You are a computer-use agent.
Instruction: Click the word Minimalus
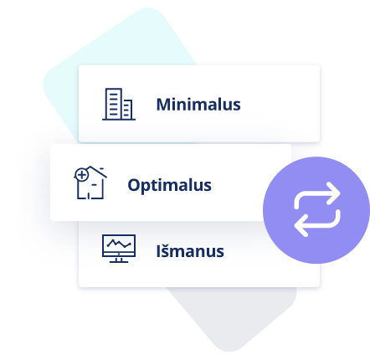pyautogui.click(x=198, y=105)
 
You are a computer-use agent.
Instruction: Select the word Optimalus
pyautogui.click(x=169, y=185)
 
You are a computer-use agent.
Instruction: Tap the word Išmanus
pyautogui.click(x=190, y=251)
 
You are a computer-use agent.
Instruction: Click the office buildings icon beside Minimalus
pyautogui.click(x=119, y=104)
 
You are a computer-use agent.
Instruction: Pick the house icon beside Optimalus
pyautogui.click(x=90, y=183)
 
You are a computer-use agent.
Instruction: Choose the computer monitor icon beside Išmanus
pyautogui.click(x=119, y=249)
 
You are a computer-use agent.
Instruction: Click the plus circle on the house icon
pyautogui.click(x=82, y=175)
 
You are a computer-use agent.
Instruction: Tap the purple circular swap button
pyautogui.click(x=316, y=210)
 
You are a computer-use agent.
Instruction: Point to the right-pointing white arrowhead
pyautogui.click(x=334, y=193)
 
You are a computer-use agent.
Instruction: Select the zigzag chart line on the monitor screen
pyautogui.click(x=119, y=244)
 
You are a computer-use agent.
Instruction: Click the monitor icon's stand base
pyautogui.click(x=119, y=261)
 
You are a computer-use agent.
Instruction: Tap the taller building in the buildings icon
pyautogui.click(x=114, y=104)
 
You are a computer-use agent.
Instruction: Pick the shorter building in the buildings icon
pyautogui.click(x=127, y=110)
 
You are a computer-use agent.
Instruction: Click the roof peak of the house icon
pyautogui.click(x=90, y=167)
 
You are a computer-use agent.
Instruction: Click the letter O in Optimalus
pyautogui.click(x=134, y=185)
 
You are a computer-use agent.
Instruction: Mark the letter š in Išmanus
pyautogui.click(x=166, y=251)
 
